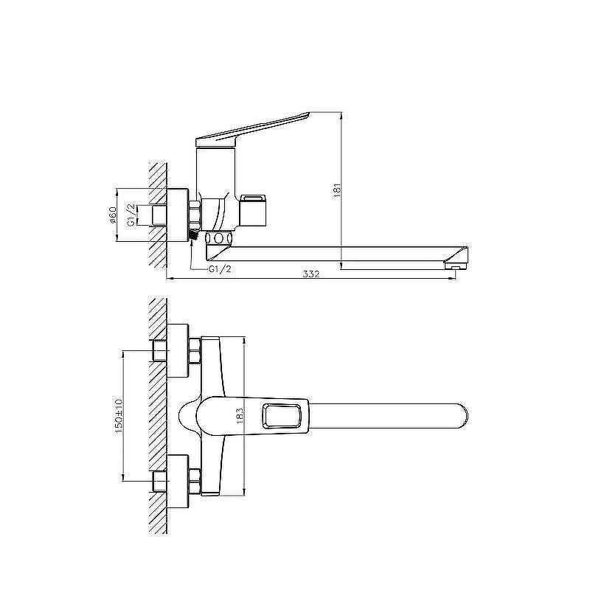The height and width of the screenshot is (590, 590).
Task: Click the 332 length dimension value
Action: coord(310,274)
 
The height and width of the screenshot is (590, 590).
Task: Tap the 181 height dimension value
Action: coord(337,191)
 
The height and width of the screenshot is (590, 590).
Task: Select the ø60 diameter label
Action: coord(113,215)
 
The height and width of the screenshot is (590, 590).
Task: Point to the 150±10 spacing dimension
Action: coord(119,416)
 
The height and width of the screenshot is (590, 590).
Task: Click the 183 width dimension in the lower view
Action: coord(240,416)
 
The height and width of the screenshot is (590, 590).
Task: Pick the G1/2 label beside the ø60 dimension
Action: coord(131,215)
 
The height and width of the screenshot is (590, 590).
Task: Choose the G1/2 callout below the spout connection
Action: coord(220,269)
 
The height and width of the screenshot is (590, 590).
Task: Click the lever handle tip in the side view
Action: coord(307,114)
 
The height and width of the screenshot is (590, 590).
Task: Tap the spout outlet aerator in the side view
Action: coord(455,266)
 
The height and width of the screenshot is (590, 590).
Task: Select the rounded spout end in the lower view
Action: coord(464,416)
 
